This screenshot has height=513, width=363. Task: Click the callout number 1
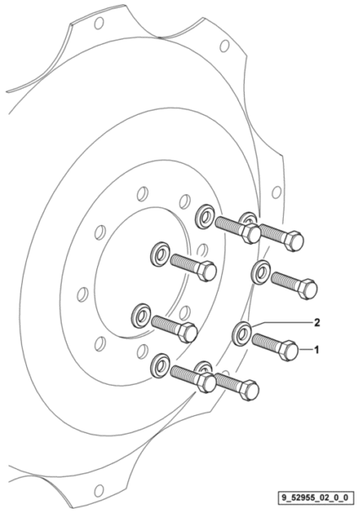(317, 350)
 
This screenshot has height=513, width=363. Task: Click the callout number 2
(317, 322)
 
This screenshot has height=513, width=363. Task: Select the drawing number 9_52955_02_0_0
(317, 498)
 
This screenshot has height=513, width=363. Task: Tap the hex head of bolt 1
(289, 350)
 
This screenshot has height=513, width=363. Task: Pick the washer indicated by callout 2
(241, 334)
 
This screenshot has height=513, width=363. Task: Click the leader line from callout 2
(281, 322)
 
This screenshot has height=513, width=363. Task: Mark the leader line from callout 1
(305, 350)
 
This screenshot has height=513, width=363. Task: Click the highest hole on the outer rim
(99, 24)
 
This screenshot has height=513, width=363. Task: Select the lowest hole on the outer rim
(99, 490)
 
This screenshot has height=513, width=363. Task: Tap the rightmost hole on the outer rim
(277, 192)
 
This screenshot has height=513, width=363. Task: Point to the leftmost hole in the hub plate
(83, 294)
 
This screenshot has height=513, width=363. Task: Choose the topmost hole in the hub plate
(143, 194)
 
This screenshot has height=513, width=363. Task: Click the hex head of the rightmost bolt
(306, 289)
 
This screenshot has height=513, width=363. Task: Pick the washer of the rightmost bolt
(260, 273)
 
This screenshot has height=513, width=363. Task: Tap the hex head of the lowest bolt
(249, 389)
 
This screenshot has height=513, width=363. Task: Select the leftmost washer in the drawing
(141, 316)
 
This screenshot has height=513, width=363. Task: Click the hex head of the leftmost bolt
(188, 332)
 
